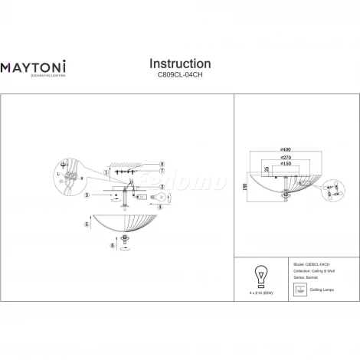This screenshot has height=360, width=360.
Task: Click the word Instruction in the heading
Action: point(179,63)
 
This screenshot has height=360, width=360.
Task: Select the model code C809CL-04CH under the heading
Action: point(179,75)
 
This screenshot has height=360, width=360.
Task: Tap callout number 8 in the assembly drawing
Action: point(162,165)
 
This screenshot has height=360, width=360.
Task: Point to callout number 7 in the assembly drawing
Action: point(162,172)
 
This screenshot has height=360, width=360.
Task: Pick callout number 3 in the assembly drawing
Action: point(87,196)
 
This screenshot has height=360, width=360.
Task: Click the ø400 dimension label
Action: point(286,149)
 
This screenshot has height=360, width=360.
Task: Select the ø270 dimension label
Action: point(286,157)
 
